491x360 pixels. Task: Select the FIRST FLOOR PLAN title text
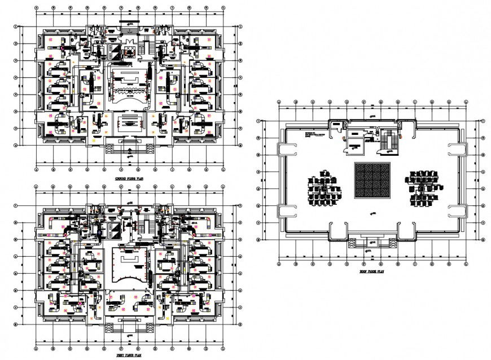[x=128, y=356]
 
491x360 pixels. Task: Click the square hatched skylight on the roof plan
[x=371, y=180]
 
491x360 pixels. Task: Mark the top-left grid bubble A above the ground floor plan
[x=37, y=8]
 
